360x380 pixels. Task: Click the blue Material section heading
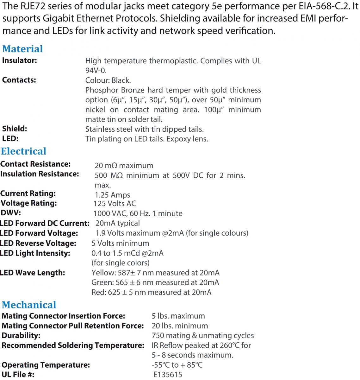[22, 49]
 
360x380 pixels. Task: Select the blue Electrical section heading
[24, 151]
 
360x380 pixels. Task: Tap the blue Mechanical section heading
[29, 305]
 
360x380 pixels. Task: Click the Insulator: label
[20, 60]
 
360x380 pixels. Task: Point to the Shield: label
[15, 129]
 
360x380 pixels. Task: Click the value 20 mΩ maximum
[124, 165]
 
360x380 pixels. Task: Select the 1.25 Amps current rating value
[112, 195]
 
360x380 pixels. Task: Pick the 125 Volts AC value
[115, 203]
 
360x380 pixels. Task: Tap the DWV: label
[11, 213]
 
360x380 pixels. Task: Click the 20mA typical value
[117, 223]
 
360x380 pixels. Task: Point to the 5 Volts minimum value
[120, 243]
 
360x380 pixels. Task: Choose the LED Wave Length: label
[33, 273]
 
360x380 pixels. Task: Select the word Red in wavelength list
[98, 292]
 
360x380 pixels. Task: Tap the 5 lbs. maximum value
[178, 316]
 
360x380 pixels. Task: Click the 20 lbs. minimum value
[180, 326]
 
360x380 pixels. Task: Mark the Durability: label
[21, 335]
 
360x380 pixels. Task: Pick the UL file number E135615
[168, 375]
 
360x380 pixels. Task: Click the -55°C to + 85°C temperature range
[177, 365]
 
